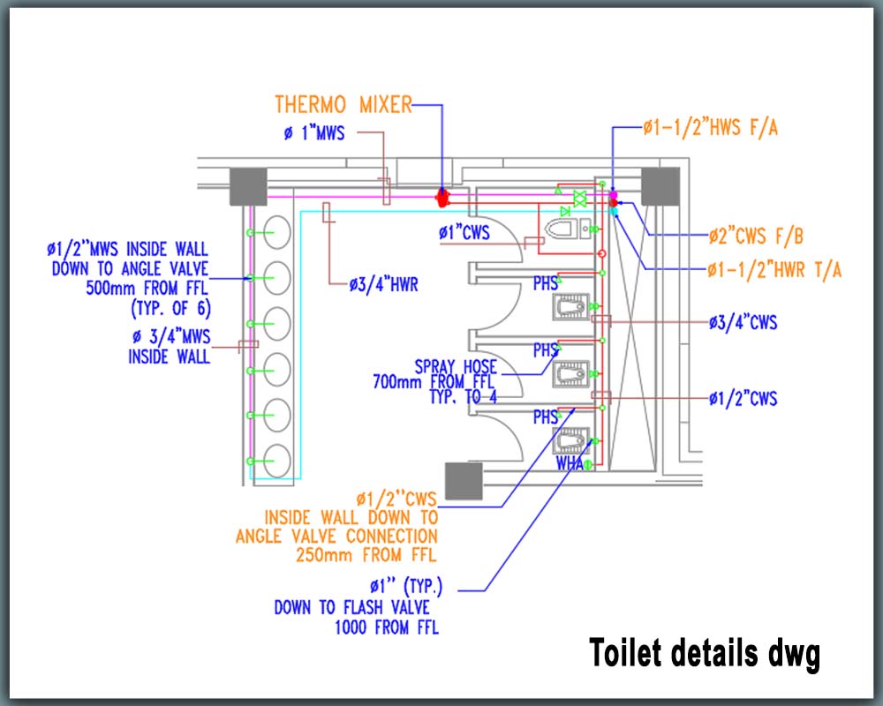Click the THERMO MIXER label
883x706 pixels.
[343, 104]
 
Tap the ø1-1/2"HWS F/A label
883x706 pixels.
[710, 128]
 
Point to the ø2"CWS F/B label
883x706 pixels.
[755, 236]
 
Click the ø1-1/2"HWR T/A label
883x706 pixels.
[774, 270]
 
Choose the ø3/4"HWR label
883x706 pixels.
[384, 284]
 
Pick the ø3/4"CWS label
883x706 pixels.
[743, 323]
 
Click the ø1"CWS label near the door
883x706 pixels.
[464, 233]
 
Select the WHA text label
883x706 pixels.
[570, 462]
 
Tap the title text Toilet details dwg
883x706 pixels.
[704, 654]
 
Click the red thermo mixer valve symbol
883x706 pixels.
[443, 196]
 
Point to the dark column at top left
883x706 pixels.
[248, 186]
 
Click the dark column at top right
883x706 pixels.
[660, 186]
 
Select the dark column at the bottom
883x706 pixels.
[462, 482]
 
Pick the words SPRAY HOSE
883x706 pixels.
[456, 365]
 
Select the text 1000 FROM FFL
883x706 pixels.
[386, 627]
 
